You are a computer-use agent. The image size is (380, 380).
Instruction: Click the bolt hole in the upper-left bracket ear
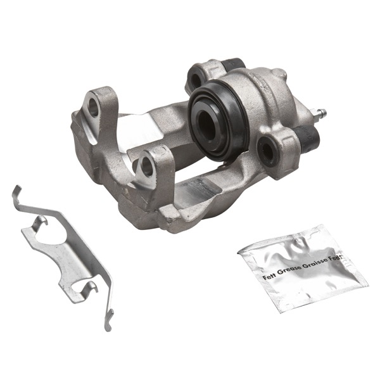[94, 107]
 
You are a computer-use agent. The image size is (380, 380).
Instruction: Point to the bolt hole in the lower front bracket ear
[146, 167]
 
